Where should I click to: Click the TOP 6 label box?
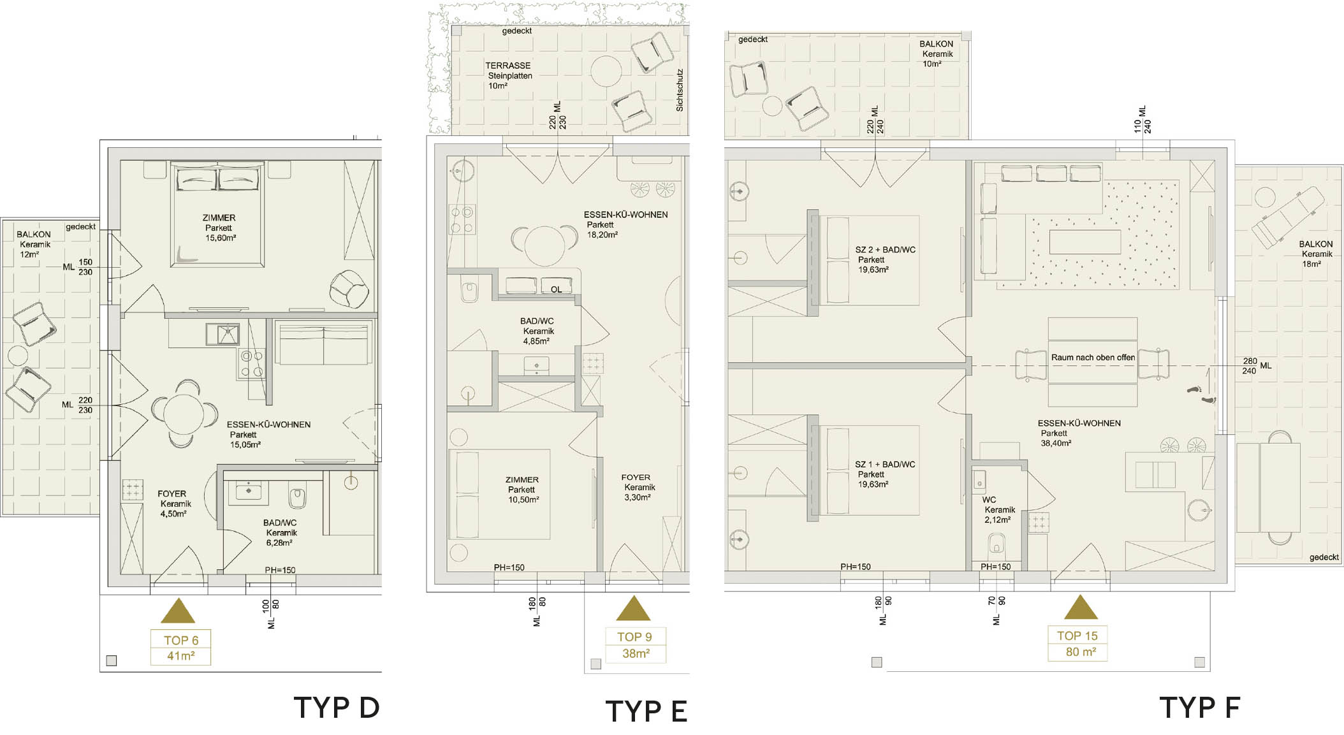181,648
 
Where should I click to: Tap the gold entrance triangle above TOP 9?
633,609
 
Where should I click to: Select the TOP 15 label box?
1077,644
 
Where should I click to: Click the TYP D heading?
337,708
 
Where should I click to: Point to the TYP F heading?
1200,708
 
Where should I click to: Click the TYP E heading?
646,711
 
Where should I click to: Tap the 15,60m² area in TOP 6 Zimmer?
221,238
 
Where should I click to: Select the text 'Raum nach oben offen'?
1093,358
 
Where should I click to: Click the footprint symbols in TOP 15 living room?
1201,394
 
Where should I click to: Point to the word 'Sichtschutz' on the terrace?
680,91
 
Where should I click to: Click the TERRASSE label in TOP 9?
508,66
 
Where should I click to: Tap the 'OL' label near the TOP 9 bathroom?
557,289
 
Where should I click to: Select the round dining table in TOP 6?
184,415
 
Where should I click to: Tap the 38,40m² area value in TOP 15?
1056,444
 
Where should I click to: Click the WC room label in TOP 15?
989,500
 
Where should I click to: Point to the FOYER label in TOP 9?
636,477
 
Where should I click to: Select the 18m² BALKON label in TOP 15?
1316,254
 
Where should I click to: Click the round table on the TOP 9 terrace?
606,71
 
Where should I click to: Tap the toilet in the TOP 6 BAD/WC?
297,495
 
